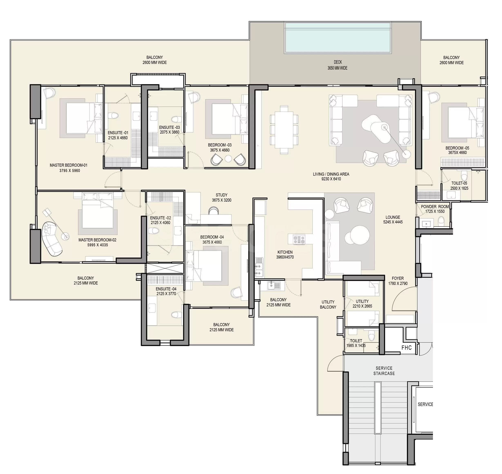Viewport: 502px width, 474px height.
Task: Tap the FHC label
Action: click(x=406, y=348)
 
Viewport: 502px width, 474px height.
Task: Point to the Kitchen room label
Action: click(x=285, y=252)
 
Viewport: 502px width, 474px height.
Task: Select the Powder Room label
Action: click(x=435, y=207)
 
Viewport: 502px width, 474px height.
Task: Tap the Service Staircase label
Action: click(x=384, y=371)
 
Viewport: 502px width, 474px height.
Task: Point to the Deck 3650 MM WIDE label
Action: click(x=338, y=65)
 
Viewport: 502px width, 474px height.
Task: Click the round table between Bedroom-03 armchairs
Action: click(x=228, y=158)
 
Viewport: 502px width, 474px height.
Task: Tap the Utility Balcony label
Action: click(x=328, y=304)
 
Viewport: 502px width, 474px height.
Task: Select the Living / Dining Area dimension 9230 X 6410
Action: click(x=331, y=179)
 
